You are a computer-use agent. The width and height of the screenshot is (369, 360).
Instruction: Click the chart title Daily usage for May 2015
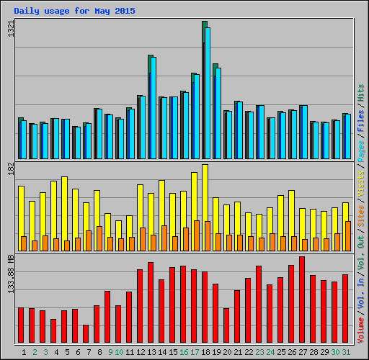point(74,11)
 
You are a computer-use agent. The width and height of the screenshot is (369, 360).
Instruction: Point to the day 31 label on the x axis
point(346,352)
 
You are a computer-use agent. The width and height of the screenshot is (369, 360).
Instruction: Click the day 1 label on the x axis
point(24,352)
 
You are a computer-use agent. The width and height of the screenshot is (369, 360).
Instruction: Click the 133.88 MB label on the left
point(10,275)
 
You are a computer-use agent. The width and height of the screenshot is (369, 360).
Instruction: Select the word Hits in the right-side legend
point(361,92)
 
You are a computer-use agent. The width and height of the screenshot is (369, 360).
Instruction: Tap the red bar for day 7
point(86,334)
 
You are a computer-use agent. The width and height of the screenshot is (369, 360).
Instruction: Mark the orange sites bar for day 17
point(197,235)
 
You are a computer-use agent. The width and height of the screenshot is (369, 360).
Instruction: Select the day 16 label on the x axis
point(184,352)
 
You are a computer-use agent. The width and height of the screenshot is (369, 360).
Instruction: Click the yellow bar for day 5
point(64,209)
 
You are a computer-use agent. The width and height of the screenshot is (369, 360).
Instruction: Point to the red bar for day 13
point(151,302)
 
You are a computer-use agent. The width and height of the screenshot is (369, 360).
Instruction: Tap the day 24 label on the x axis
point(270,352)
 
